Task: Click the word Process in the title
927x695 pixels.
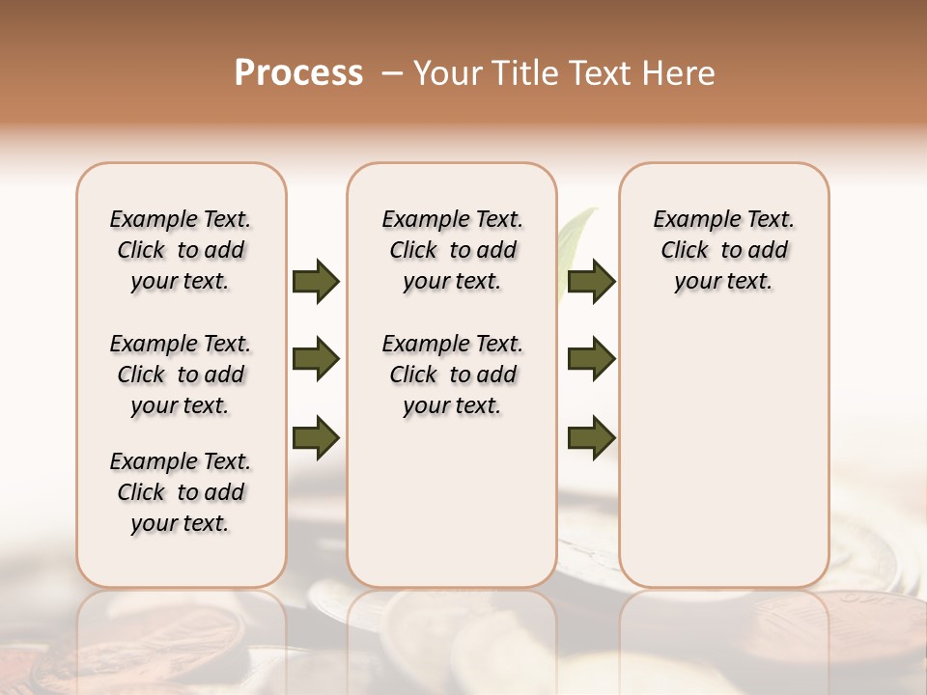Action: coord(298,73)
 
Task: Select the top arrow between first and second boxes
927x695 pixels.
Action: coord(316,281)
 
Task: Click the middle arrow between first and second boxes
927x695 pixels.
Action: coord(316,359)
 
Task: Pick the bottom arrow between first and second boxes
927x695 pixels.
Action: coord(316,436)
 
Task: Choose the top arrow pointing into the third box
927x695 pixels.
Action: coord(592,281)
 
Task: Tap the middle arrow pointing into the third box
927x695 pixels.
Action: coord(592,359)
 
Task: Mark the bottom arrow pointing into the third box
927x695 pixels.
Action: coord(592,436)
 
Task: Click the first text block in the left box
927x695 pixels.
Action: coord(181,250)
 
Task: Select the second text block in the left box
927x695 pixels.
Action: coord(181,375)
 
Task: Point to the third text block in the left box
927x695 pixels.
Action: coord(181,492)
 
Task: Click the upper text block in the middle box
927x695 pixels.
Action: coord(452,250)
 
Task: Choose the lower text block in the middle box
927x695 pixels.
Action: coord(452,375)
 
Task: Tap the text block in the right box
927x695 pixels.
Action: coord(723,250)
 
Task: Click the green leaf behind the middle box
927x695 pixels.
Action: coord(577,232)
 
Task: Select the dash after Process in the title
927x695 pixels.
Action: coord(392,73)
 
